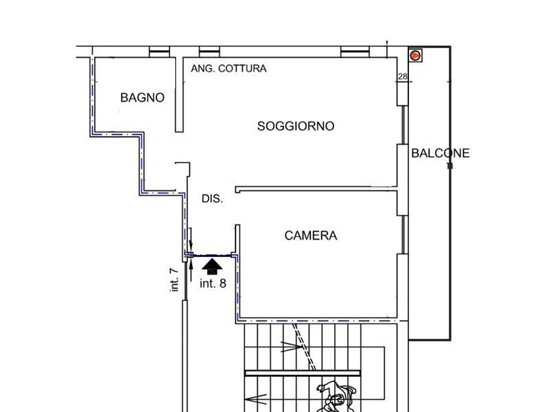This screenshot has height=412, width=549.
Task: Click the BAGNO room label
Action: [142, 98]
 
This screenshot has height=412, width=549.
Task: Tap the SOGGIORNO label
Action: [296, 126]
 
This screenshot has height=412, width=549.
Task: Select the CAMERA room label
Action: [311, 236]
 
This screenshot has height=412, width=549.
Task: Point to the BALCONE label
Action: [440, 153]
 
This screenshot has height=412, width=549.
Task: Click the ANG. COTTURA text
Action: [229, 69]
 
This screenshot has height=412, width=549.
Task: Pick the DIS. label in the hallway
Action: [212, 199]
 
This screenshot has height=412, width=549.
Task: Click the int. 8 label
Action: [213, 283]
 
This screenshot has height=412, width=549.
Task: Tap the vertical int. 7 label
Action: [175, 279]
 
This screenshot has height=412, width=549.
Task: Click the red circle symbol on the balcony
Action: [415, 54]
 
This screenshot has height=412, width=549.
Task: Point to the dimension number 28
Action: [403, 76]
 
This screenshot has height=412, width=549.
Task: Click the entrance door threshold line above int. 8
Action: [213, 255]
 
